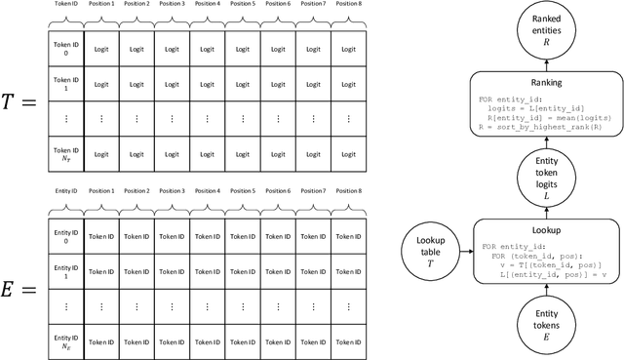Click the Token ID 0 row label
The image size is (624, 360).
[x=65, y=49]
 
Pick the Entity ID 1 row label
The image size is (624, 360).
[x=65, y=271]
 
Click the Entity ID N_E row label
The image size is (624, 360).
[x=65, y=340]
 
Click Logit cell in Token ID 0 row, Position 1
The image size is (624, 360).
[x=100, y=49]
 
